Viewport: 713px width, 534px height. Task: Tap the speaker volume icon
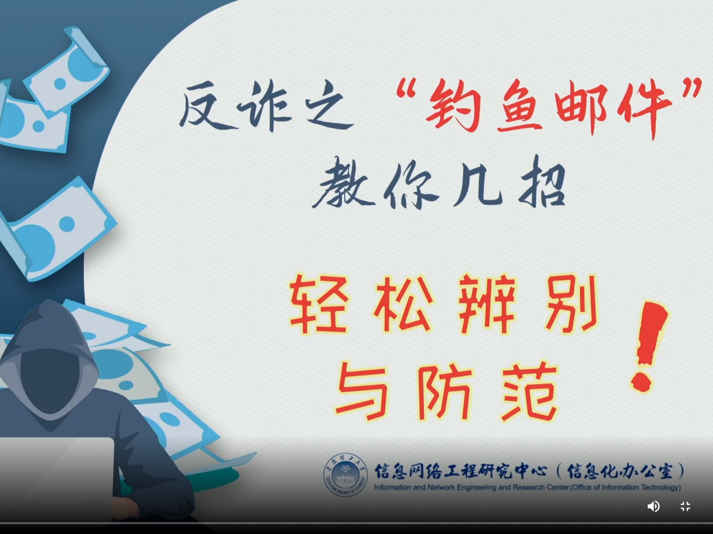(653, 506)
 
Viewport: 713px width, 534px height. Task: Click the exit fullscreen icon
(685, 506)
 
